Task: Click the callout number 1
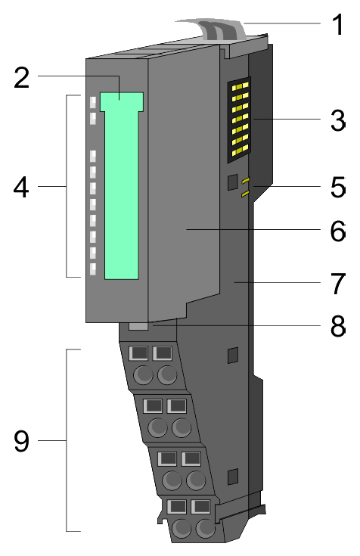(338, 24)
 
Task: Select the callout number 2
(22, 77)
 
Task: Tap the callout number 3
(338, 120)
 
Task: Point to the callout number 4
(21, 188)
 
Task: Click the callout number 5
(338, 187)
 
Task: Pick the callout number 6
(338, 231)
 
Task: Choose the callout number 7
(338, 284)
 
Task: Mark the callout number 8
(338, 325)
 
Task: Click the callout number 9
(22, 441)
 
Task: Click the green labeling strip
(122, 185)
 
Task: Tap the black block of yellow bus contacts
(239, 120)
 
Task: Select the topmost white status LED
(93, 102)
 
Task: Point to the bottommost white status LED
(93, 269)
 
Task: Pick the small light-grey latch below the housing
(138, 326)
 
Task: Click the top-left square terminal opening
(140, 353)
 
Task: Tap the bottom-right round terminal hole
(206, 529)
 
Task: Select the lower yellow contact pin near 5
(245, 194)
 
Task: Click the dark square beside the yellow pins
(232, 182)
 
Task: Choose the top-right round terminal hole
(167, 374)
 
